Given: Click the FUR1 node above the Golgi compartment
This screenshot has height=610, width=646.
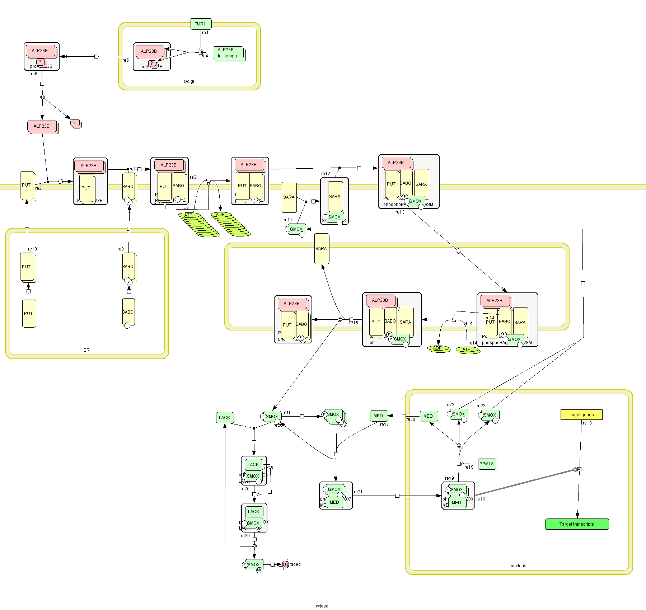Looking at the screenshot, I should (x=200, y=24).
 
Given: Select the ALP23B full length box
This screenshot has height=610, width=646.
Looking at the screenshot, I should (x=228, y=53).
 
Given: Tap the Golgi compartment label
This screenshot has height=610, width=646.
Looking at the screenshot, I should (x=189, y=81).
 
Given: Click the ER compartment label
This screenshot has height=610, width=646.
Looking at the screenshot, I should (x=86, y=350).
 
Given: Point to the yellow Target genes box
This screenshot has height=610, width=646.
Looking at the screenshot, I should (x=581, y=414).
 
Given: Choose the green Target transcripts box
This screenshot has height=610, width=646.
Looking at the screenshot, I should (x=577, y=524).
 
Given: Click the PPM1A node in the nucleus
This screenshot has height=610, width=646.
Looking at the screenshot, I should (x=487, y=464).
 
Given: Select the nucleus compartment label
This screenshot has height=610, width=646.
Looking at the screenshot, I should (x=518, y=566).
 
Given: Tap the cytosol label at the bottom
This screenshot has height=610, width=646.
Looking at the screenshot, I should (x=322, y=606).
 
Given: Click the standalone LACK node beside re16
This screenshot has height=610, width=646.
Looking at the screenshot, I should (x=225, y=417).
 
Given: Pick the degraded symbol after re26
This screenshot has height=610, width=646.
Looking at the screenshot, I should (x=285, y=564).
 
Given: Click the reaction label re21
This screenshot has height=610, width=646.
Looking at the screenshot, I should (x=358, y=492).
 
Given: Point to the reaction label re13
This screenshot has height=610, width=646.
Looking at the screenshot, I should (x=400, y=212).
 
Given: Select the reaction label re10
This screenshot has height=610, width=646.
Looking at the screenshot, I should (x=32, y=249).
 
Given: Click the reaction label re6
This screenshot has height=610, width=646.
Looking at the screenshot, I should (x=34, y=74).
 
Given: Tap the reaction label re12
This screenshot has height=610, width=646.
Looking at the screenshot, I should (x=326, y=174).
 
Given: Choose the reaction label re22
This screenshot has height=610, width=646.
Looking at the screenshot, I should (x=450, y=405).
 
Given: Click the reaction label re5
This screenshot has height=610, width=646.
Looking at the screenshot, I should (x=125, y=60).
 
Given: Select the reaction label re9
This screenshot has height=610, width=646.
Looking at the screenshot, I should (x=120, y=249).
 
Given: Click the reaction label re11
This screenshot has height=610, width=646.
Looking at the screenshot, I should (x=287, y=220).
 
